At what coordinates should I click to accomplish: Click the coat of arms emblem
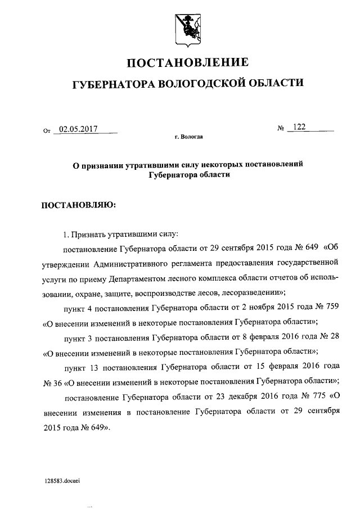pyautogui.click(x=186, y=27)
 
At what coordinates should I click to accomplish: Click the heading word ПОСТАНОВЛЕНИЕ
pyautogui.click(x=186, y=62)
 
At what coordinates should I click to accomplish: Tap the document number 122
pyautogui.click(x=298, y=128)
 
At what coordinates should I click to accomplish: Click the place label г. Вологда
pyautogui.click(x=189, y=137)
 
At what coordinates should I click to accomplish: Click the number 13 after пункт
pyautogui.click(x=97, y=367)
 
